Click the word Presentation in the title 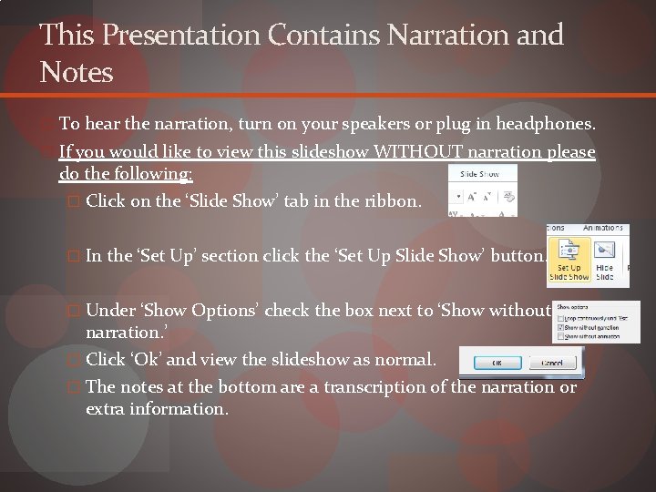182,36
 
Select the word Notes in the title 77,72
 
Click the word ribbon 392,201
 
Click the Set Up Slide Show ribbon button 569,260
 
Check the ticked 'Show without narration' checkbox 559,328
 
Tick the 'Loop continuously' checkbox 559,318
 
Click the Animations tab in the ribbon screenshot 603,228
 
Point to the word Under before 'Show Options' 109,311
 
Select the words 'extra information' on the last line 156,409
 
